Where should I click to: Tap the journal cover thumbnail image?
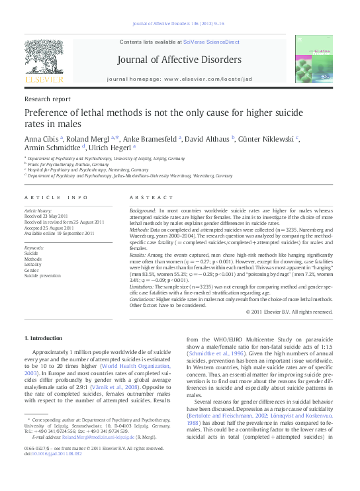tap(314, 58)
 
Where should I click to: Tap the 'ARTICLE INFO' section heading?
tap(56, 197)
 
